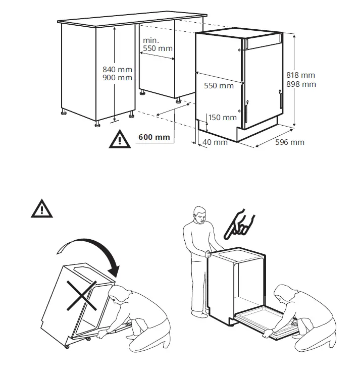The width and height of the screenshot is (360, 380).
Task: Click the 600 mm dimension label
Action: coord(154,137)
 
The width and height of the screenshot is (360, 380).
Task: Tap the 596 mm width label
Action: coord(289,142)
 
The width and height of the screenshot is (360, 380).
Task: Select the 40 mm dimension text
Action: coord(216,142)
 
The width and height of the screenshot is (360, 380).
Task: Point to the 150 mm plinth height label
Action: coord(222,118)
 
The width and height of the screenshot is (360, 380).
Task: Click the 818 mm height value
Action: coord(300,75)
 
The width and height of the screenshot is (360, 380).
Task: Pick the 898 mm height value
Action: coord(300,84)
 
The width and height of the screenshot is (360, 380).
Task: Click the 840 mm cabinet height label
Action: coord(117,69)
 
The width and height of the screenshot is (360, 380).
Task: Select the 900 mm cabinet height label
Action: coord(117,78)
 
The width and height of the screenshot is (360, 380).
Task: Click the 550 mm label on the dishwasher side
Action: coord(219,86)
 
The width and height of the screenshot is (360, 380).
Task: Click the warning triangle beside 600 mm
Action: coord(120,139)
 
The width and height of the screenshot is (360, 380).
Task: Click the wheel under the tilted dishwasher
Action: coord(66,348)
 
